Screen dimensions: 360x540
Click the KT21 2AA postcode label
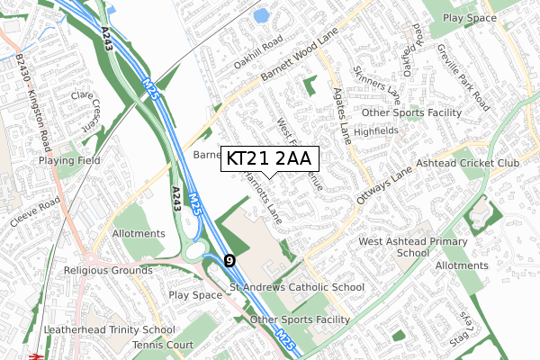[x=268, y=158]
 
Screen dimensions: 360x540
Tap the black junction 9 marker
[x=229, y=260]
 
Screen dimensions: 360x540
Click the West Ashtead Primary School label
[x=413, y=247]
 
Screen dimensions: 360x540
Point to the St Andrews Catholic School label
[x=297, y=288]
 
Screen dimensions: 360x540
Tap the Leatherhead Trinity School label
[x=112, y=330]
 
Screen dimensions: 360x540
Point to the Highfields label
[x=375, y=130]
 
